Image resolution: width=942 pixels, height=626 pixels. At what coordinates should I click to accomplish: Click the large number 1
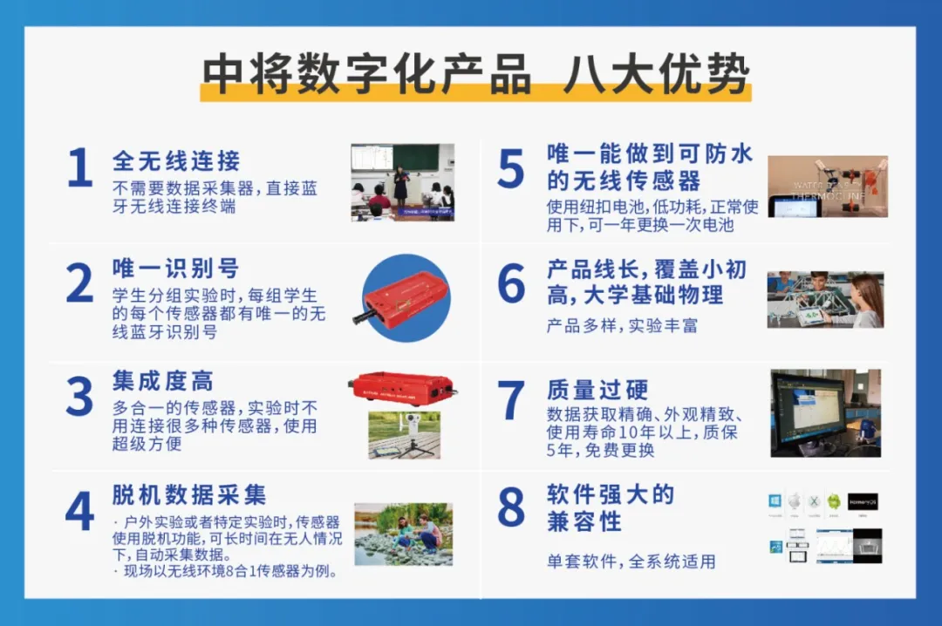[x=79, y=168]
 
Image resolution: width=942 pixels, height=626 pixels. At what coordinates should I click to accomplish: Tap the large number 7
[x=510, y=400]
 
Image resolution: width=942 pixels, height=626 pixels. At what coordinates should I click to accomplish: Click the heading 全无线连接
[x=176, y=160]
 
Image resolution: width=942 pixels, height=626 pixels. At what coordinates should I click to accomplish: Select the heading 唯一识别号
[x=175, y=268]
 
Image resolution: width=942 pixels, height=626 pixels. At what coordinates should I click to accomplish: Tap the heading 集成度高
[x=163, y=380]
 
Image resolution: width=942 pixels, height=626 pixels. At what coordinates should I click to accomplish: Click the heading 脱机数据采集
[x=189, y=495]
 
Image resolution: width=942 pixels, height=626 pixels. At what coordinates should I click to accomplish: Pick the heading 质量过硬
[x=597, y=388]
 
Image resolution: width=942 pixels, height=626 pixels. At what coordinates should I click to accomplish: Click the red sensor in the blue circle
[x=406, y=298]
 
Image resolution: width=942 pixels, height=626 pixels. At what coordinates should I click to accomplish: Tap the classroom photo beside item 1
[x=402, y=182]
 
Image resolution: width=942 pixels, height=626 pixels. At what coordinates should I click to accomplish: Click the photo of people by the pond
[x=403, y=534]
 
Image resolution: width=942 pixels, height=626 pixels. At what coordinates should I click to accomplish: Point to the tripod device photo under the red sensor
[x=404, y=434]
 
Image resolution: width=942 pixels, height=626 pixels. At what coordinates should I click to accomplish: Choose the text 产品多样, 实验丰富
[x=622, y=326]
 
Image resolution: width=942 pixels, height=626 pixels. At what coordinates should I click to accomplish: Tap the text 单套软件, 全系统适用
[x=631, y=561]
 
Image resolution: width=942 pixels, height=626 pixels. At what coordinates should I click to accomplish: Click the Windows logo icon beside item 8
[x=775, y=502]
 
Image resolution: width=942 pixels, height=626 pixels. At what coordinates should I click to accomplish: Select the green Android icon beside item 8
[x=834, y=502]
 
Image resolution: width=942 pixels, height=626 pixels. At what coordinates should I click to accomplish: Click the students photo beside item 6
[x=825, y=300]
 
